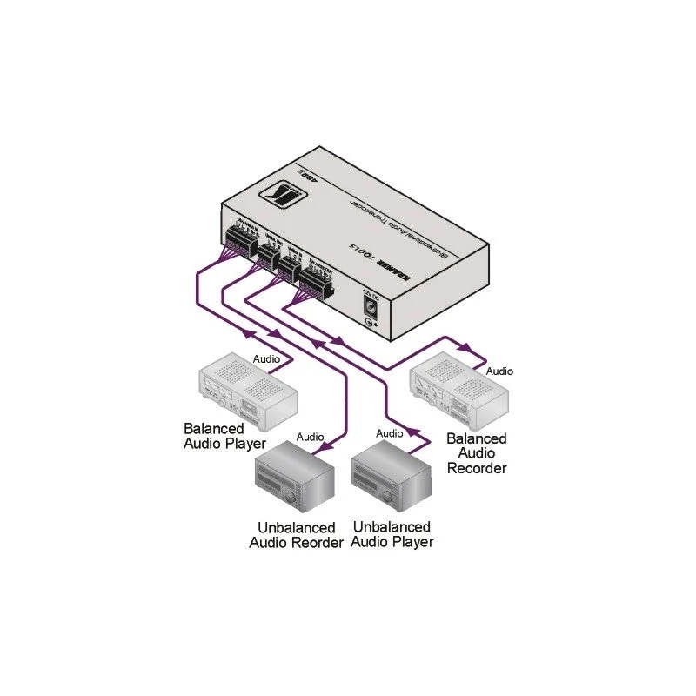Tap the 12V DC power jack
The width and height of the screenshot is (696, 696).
371,307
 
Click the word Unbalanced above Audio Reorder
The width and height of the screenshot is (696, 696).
297,528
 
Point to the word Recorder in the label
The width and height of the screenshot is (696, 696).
477,468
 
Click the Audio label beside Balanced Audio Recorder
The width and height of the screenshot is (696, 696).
499,371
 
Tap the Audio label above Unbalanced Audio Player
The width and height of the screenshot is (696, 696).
389,433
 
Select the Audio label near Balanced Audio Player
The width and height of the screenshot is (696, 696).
267,358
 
